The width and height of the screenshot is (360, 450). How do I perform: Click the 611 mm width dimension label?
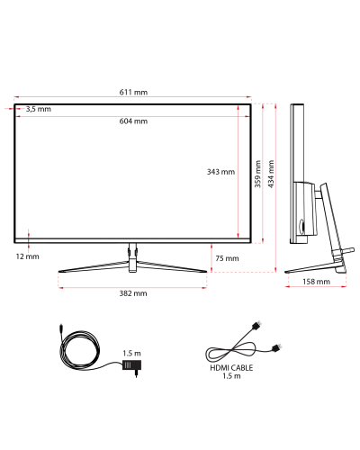coord(133,92)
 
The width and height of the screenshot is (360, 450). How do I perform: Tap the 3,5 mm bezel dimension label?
coord(39,109)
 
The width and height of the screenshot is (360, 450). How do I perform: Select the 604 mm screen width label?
coord(133,121)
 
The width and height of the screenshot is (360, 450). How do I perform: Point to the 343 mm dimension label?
coord(220,172)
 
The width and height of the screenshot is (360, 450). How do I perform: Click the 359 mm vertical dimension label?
coord(257,174)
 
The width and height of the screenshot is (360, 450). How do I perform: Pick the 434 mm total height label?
coord(271,174)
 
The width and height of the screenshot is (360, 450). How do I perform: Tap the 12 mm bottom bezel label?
coord(28,256)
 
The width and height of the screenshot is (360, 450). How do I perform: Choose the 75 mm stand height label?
coord(227,258)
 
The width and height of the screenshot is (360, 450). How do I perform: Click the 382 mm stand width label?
coord(133,293)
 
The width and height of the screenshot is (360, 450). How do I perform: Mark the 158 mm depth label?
coord(316,282)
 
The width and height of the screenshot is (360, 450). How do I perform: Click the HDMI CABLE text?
coord(231,368)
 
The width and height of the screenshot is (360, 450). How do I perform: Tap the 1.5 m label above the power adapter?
coord(131,354)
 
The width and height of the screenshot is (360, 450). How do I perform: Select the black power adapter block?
coord(131,365)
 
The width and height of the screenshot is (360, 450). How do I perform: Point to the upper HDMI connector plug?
coord(256,326)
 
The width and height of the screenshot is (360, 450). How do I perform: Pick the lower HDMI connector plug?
coord(277,348)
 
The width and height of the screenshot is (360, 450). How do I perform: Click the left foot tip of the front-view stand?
coord(58,272)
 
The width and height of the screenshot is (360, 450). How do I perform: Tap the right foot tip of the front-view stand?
coord(206,272)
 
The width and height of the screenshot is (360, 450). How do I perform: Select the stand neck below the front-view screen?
coord(132,257)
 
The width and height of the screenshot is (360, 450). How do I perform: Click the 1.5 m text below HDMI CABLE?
coord(231,376)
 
